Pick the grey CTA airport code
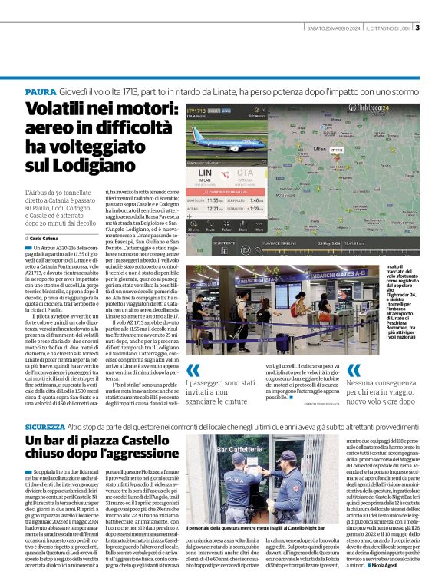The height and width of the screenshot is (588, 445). point(246,173)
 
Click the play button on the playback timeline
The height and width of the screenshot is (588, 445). point(245,249)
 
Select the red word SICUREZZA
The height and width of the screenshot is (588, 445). point(45,426)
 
